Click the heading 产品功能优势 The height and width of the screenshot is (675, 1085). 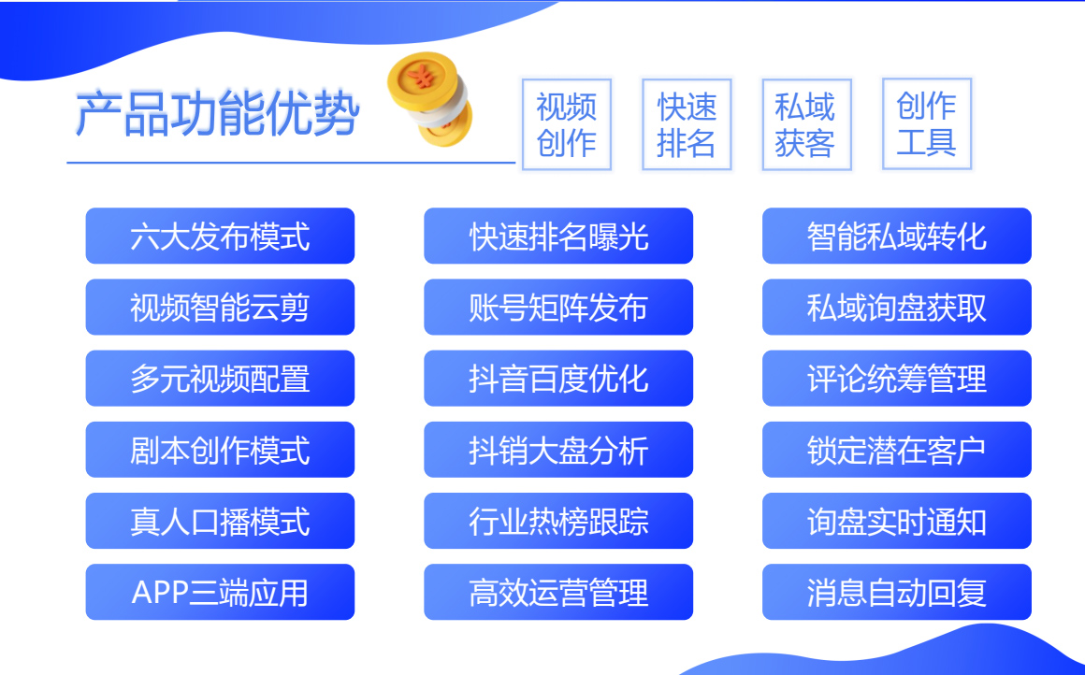click(x=217, y=113)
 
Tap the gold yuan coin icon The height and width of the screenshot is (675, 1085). click(x=429, y=98)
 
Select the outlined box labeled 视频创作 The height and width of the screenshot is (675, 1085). click(x=567, y=124)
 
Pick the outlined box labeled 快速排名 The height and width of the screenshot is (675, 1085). click(x=687, y=124)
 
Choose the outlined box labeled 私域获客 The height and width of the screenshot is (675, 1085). click(x=806, y=124)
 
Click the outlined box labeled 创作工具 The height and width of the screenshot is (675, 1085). click(x=927, y=124)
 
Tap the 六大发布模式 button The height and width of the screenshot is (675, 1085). click(x=220, y=236)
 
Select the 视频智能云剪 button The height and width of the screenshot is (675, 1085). click(x=220, y=307)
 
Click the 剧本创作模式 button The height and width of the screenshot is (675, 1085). click(x=220, y=450)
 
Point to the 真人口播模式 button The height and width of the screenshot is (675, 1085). click(x=220, y=521)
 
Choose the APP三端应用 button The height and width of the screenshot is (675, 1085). click(x=220, y=592)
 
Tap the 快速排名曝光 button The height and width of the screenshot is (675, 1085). click(x=558, y=236)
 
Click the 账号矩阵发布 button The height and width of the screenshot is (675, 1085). click(x=558, y=307)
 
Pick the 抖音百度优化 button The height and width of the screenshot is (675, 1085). click(x=558, y=379)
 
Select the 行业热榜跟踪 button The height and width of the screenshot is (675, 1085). click(x=558, y=521)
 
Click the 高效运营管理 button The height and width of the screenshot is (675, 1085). click(x=558, y=592)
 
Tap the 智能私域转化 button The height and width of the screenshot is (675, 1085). click(x=897, y=236)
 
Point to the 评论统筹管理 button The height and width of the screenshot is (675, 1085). click(x=897, y=379)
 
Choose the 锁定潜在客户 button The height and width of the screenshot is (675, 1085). click(x=897, y=450)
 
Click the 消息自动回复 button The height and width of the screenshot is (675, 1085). click(x=897, y=592)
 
